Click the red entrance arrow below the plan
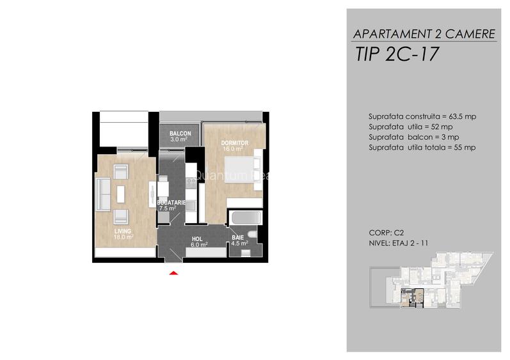(173, 273)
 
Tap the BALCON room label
(180, 134)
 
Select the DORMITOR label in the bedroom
(234, 143)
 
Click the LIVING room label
(123, 231)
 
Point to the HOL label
(197, 239)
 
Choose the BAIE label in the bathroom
(238, 237)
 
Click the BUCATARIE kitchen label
(171, 203)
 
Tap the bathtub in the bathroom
(245, 217)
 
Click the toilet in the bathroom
(252, 234)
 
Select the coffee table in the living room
(121, 194)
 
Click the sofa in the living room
(104, 194)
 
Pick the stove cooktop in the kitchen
(191, 183)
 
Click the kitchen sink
(191, 206)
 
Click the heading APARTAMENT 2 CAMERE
(424, 34)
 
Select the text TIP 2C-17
(397, 54)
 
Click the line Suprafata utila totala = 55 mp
(422, 148)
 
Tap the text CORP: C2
(386, 233)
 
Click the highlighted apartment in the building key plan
(413, 298)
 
